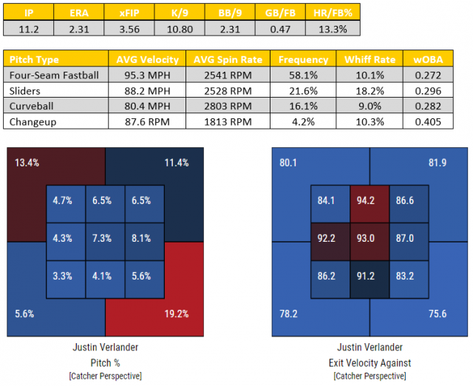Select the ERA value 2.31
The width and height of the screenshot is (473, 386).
(79, 28)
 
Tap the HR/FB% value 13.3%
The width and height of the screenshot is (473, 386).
(333, 28)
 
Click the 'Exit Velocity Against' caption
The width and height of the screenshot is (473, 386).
(369, 362)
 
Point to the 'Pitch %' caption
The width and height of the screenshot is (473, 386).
(104, 362)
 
